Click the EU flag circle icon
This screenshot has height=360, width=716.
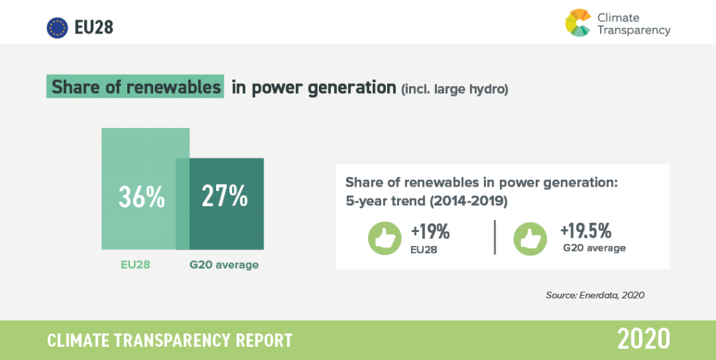coord(57,28)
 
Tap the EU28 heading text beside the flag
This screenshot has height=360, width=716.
coord(94,28)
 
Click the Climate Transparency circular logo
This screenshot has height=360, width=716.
coord(578,22)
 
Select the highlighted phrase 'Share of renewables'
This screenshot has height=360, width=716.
coord(136,87)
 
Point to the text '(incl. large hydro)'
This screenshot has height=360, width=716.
coord(454,89)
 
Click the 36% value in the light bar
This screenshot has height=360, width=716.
coord(141,196)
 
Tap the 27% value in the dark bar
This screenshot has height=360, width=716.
coord(224,196)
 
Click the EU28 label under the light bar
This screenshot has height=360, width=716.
coord(135,265)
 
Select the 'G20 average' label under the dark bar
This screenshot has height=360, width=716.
coord(224,265)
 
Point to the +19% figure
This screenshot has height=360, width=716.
coord(430,232)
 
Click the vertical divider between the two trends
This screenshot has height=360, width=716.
coord(495,237)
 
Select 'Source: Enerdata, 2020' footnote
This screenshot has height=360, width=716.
coord(595,295)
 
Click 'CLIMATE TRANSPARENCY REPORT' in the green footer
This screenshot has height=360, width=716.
coord(170,340)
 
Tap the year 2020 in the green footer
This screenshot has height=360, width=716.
coord(644,339)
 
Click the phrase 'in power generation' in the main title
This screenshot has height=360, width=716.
coord(314,87)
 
